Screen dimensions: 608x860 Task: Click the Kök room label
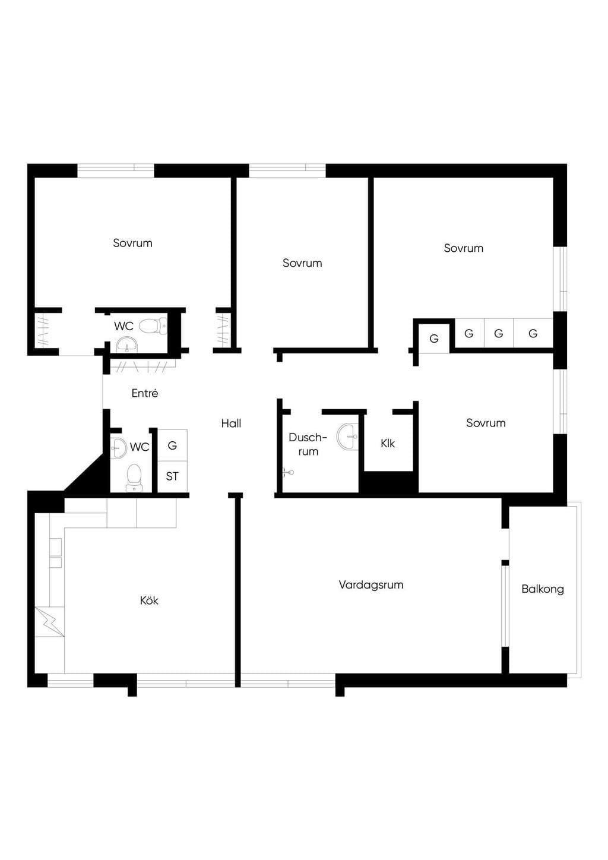(x=149, y=600)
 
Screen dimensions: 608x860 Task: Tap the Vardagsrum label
(x=370, y=585)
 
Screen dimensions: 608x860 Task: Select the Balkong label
(x=542, y=589)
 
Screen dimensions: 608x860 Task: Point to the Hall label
(x=231, y=423)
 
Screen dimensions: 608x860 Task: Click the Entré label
(x=145, y=393)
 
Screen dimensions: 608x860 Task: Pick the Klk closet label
(x=388, y=444)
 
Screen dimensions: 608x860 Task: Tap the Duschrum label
(x=308, y=444)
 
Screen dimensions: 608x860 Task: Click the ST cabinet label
(x=172, y=476)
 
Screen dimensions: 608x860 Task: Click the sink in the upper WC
(x=126, y=345)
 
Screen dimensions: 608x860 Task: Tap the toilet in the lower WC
(x=134, y=478)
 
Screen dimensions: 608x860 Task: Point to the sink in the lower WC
(x=118, y=448)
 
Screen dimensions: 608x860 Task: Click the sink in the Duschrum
(x=348, y=437)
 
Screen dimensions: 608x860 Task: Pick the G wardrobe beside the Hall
(x=172, y=445)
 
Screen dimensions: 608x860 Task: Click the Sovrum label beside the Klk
(x=486, y=423)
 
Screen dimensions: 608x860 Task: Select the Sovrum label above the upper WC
(x=132, y=243)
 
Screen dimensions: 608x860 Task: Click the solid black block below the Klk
(x=388, y=482)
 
